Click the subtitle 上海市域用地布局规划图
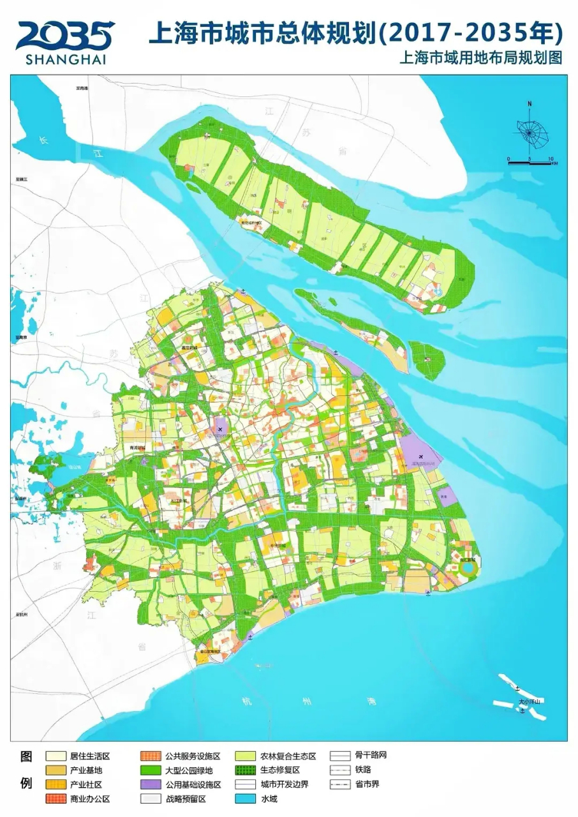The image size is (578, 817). (x=480, y=58)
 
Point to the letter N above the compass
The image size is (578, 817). (x=529, y=103)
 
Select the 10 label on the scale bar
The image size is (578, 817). (x=550, y=158)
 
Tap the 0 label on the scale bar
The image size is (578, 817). (x=508, y=158)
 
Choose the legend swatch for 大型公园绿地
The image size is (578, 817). (x=152, y=770)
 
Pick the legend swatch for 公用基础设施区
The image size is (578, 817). (x=152, y=784)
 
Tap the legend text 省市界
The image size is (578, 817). (x=367, y=784)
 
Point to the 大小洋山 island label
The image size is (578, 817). (x=529, y=702)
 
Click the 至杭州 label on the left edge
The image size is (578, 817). (x=22, y=615)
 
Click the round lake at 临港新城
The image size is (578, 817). (x=468, y=567)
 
